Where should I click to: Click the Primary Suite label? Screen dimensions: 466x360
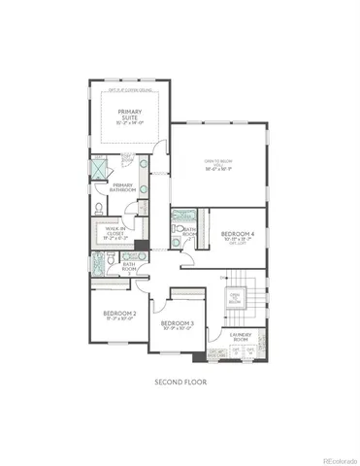[x=130, y=116]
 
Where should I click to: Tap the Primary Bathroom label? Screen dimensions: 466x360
[x=123, y=186]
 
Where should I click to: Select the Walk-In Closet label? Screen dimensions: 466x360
[x=114, y=231]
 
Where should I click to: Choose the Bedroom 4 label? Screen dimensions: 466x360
[x=237, y=234]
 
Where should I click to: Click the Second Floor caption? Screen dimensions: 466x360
[x=180, y=383]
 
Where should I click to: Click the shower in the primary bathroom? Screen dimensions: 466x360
[x=98, y=168]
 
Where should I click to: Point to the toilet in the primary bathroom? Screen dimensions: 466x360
[x=100, y=207]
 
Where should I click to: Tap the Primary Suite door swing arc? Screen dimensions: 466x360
[x=162, y=147]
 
